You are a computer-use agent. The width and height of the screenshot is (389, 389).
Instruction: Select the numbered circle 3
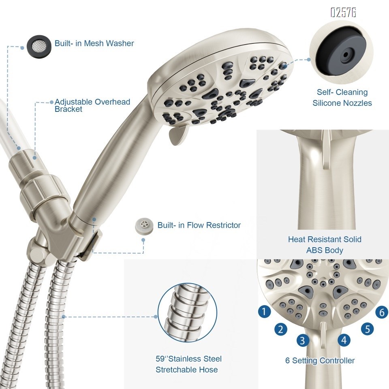[303, 340]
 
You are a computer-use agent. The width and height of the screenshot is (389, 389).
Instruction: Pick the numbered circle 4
[344, 340]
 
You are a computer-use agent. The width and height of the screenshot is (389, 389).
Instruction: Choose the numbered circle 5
[367, 328]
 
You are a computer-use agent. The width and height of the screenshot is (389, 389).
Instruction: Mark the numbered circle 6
[381, 312]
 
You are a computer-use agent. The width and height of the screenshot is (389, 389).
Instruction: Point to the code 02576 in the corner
[343, 13]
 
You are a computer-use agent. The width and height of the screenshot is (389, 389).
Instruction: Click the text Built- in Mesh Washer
[94, 43]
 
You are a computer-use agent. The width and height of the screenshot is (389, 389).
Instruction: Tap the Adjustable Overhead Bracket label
[92, 105]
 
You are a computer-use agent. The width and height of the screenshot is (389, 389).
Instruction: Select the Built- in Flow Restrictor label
[199, 225]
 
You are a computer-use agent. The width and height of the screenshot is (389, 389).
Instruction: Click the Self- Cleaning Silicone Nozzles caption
[342, 98]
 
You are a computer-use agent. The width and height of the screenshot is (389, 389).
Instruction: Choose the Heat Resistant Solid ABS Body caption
[325, 245]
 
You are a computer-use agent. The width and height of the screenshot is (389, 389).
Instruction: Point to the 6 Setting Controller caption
[320, 360]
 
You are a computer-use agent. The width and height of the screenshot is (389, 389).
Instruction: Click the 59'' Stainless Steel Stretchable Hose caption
[188, 364]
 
